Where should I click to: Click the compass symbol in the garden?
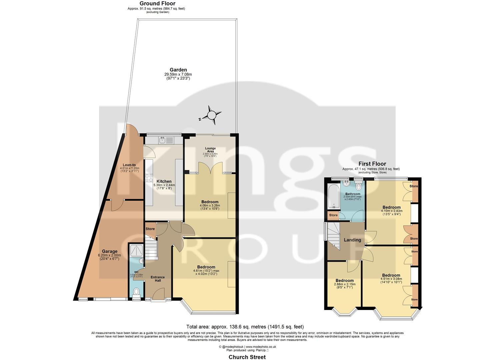[212, 115]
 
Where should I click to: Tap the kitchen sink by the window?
[163, 140]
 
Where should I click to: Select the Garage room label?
[110, 251]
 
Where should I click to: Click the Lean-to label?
[129, 165]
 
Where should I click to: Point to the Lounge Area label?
[210, 150]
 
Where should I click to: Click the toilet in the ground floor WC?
[136, 292]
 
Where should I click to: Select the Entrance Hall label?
[158, 279]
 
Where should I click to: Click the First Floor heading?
[372, 164]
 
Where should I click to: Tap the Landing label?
[352, 240]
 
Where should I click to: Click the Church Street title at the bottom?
[247, 357]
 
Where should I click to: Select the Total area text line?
[245, 327]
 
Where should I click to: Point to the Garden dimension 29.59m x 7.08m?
[178, 74]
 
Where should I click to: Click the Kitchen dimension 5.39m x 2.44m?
[164, 185]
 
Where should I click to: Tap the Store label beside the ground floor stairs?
[150, 229]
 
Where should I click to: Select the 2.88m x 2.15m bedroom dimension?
[345, 284]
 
